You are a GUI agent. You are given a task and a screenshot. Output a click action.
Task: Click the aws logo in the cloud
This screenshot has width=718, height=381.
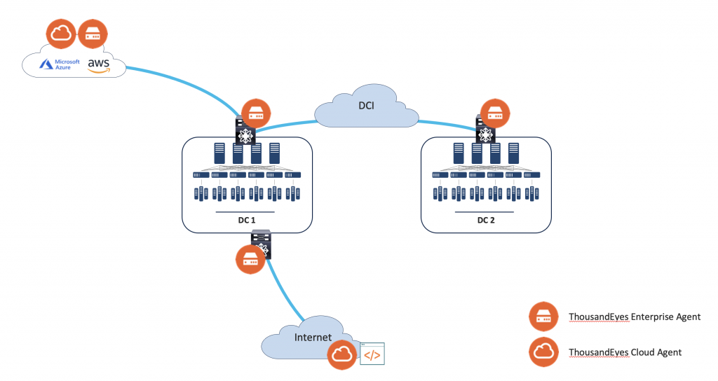[99, 65]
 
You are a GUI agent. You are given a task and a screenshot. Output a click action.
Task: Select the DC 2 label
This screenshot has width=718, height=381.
[485, 219]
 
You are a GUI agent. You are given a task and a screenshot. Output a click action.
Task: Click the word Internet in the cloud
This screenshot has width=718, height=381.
[313, 337]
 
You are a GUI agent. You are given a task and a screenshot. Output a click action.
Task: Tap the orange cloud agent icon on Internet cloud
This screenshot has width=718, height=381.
[343, 355]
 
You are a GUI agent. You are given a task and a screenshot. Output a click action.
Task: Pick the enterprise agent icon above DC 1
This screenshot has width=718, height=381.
[255, 113]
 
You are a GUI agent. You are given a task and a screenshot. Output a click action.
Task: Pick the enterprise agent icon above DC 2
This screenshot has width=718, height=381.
[494, 112]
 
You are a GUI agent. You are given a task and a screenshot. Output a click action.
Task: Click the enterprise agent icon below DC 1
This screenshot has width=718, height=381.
[250, 260]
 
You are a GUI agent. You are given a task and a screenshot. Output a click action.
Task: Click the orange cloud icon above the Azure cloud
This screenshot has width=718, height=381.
[60, 34]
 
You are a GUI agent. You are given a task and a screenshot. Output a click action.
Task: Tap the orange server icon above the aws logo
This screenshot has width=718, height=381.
[93, 34]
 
